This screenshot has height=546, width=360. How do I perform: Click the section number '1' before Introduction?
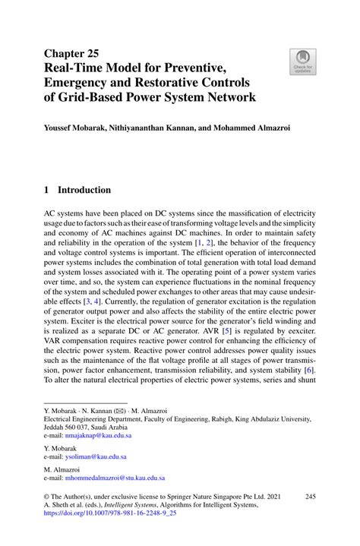coord(47,190)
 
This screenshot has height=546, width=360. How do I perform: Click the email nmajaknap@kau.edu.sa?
coord(98,436)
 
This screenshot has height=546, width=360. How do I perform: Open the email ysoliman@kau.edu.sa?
coord(96,457)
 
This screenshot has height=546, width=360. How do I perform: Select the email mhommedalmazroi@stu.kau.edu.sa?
coord(115,478)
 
